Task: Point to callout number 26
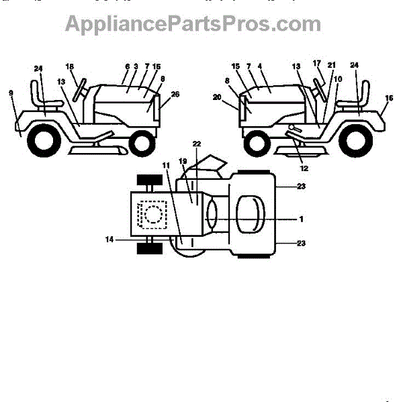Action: pyautogui.click(x=175, y=95)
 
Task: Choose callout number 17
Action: pyautogui.click(x=317, y=64)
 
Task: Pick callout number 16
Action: pyautogui.click(x=389, y=98)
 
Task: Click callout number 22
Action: pyautogui.click(x=196, y=144)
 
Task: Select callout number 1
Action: pyautogui.click(x=302, y=219)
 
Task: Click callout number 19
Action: pyautogui.click(x=183, y=162)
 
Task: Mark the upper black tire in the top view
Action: pyautogui.click(x=150, y=181)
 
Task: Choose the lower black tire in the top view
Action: pyautogui.click(x=150, y=248)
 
